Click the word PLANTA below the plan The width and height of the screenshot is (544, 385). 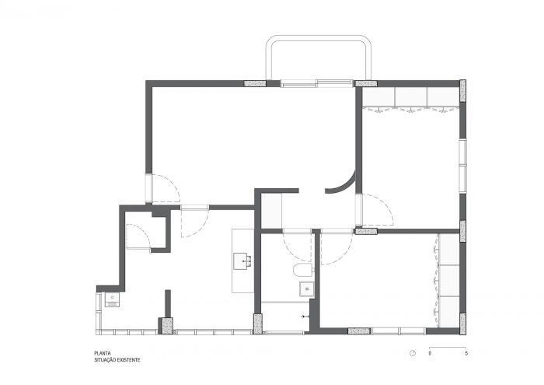click(103, 353)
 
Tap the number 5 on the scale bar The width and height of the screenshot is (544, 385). click(466, 353)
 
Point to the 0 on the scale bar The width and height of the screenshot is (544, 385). click(430, 353)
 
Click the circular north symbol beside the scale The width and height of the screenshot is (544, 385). click(413, 353)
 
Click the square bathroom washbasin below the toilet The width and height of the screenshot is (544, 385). click(307, 289)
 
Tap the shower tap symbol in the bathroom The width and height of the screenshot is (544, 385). click(305, 317)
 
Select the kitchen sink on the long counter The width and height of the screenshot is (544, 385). click(242, 261)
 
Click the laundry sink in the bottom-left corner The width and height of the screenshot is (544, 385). click(112, 299)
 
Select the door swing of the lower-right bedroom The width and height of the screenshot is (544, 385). click(337, 247)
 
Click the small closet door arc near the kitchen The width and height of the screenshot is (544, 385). click(138, 236)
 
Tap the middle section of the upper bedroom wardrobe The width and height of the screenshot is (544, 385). click(411, 97)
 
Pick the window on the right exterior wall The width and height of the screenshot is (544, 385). click(463, 166)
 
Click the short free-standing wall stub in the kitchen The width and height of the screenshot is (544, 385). click(168, 303)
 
